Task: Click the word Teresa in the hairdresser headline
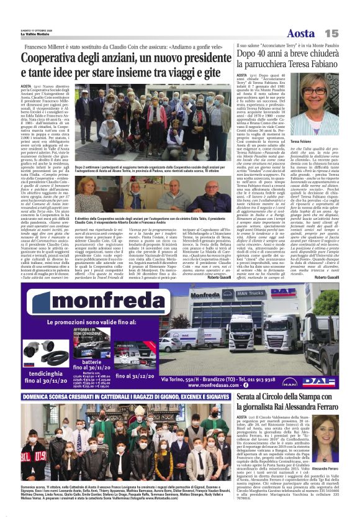pyautogui.click(x=295, y=64)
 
